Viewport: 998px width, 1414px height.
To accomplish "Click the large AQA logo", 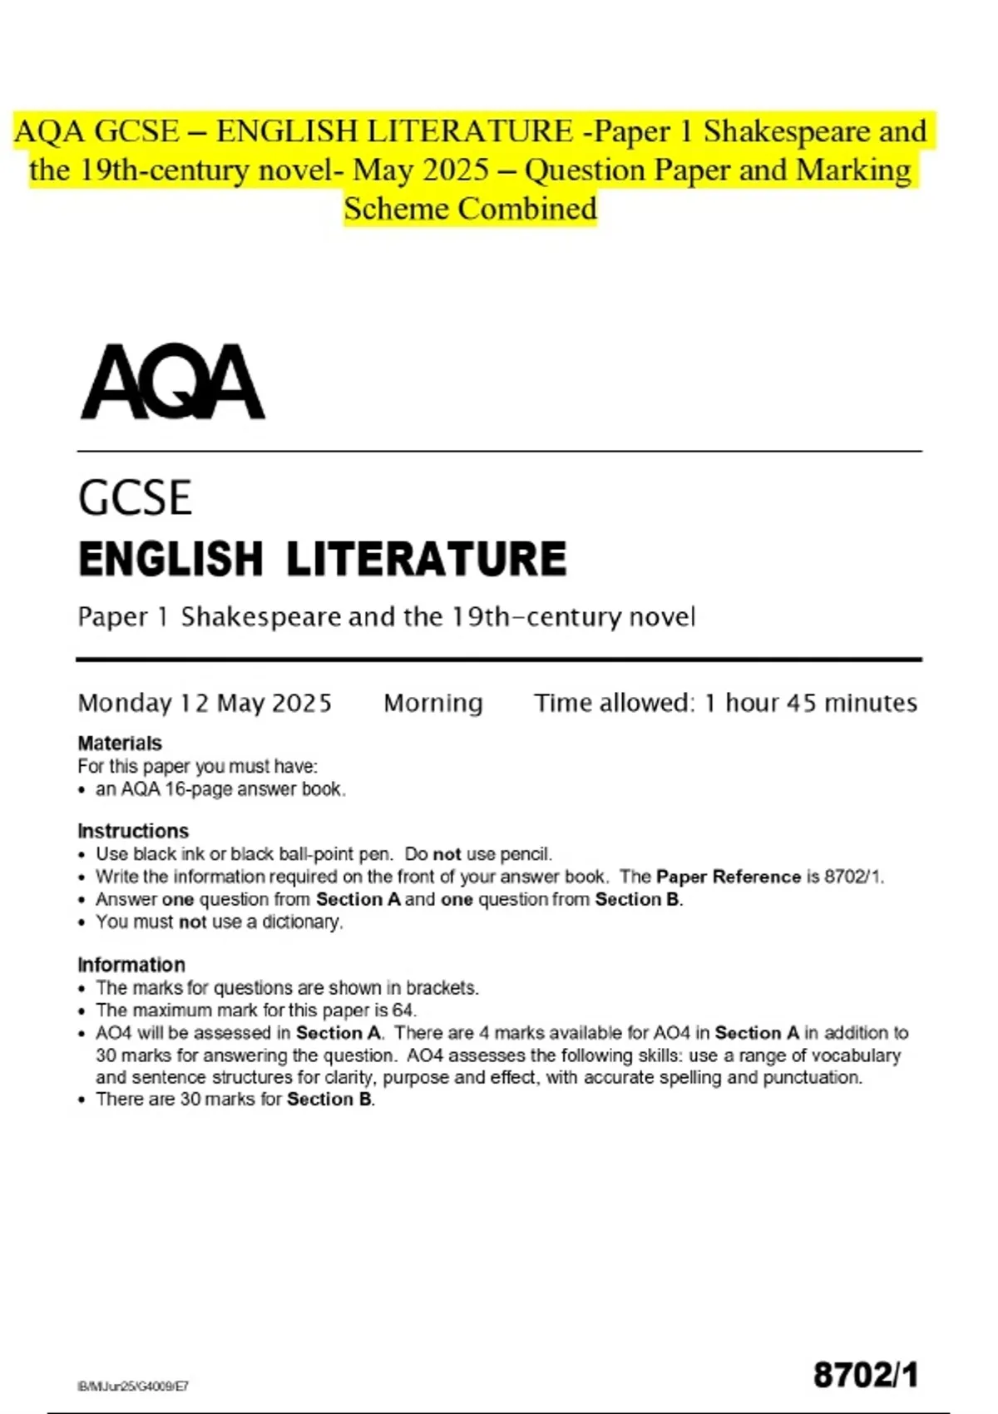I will [173, 383].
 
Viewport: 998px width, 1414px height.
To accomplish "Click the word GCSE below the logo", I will [135, 498].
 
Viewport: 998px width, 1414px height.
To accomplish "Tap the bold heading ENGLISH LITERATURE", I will [323, 558].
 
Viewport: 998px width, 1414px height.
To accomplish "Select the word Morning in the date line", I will [432, 704].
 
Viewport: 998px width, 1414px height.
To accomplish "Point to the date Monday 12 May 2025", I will [205, 704].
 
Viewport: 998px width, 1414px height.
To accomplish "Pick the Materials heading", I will [120, 743].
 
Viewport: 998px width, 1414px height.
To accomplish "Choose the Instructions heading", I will [133, 831].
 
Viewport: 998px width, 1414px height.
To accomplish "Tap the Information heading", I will [131, 965].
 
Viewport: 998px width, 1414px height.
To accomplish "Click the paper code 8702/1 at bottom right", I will [866, 1375].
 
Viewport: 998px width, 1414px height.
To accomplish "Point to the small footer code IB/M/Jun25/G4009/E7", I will [133, 1386].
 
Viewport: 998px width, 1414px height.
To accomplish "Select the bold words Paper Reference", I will [728, 877].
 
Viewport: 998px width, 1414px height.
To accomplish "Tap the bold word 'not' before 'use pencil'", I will [447, 854].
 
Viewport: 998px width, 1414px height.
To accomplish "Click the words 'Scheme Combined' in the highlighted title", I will [470, 209].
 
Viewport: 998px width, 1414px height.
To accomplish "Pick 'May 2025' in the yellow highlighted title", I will [420, 171].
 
